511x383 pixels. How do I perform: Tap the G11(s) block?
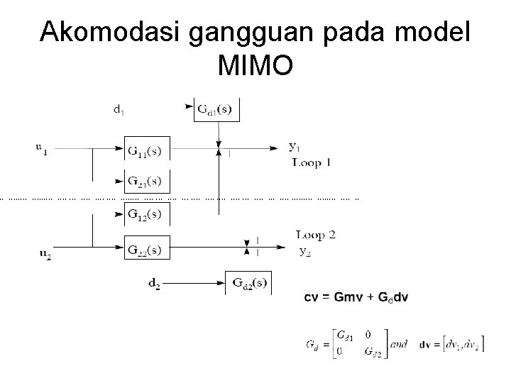(x=148, y=150)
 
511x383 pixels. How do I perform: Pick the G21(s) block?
(x=148, y=181)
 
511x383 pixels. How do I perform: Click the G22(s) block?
(x=148, y=249)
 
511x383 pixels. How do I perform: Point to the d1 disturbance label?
(x=120, y=109)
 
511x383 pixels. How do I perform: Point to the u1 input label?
(x=42, y=148)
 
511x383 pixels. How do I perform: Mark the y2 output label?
(x=304, y=250)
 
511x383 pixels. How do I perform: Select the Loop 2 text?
(x=315, y=235)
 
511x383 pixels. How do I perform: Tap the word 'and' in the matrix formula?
(x=399, y=345)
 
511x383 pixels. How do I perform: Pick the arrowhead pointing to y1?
(x=274, y=149)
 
